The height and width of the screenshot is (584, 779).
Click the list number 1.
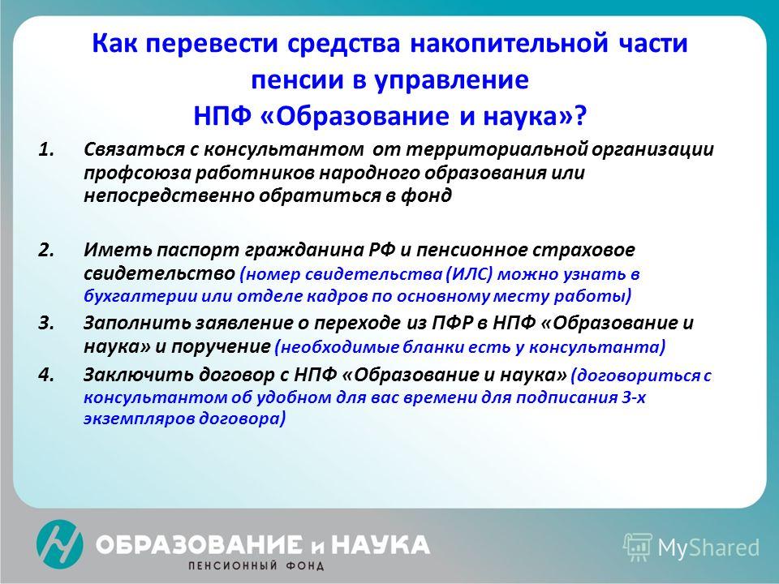(x=45, y=149)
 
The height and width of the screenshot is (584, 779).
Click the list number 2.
(x=46, y=250)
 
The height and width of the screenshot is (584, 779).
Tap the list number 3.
(x=46, y=324)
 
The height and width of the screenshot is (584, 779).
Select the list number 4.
(x=46, y=375)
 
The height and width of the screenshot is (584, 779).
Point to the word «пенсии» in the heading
(x=297, y=79)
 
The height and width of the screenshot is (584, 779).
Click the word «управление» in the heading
(x=451, y=81)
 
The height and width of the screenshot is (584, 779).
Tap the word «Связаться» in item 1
(x=133, y=149)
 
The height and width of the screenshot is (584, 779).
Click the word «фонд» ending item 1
(x=426, y=196)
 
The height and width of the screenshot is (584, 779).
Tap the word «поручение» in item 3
(x=221, y=347)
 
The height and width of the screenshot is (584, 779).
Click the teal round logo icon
(x=59, y=543)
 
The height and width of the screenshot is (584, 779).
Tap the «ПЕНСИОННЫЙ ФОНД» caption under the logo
(x=256, y=565)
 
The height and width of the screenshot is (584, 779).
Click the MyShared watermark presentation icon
(x=638, y=547)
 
